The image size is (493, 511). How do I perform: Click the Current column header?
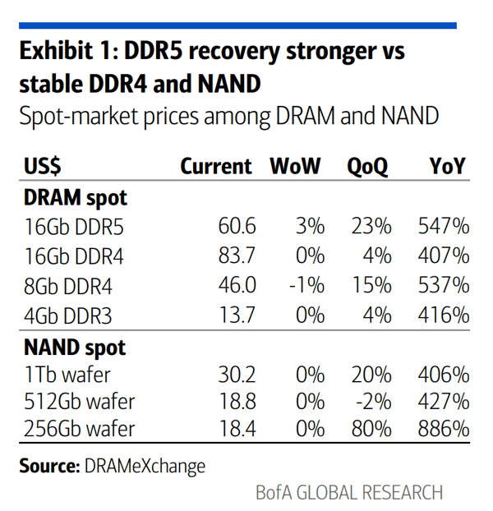tap(216, 166)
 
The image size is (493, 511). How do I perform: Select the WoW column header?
tap(295, 166)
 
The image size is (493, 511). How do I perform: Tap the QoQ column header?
tap(367, 167)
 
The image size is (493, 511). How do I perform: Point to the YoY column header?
tap(447, 166)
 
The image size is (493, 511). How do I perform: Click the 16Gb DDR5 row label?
tap(74, 227)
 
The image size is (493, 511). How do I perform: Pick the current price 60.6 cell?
tap(237, 226)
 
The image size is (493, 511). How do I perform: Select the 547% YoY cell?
tap(444, 226)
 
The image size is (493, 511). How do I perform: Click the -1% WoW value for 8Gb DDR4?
tap(307, 285)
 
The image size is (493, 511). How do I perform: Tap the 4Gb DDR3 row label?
tap(67, 315)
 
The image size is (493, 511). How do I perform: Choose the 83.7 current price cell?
tap(237, 255)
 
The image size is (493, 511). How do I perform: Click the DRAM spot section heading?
tap(76, 198)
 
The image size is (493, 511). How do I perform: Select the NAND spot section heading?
tap(75, 348)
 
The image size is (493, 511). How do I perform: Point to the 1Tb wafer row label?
tap(67, 375)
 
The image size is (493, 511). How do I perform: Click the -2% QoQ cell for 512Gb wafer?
tap(373, 401)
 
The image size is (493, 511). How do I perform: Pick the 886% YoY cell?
tap(444, 428)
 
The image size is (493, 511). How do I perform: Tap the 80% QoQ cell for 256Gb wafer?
tap(371, 428)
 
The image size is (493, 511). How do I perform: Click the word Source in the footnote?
tap(49, 466)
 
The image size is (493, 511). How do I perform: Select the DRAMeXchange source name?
tap(145, 466)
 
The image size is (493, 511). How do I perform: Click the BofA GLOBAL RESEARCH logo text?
tap(349, 492)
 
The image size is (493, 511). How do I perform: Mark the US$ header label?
tap(43, 166)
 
